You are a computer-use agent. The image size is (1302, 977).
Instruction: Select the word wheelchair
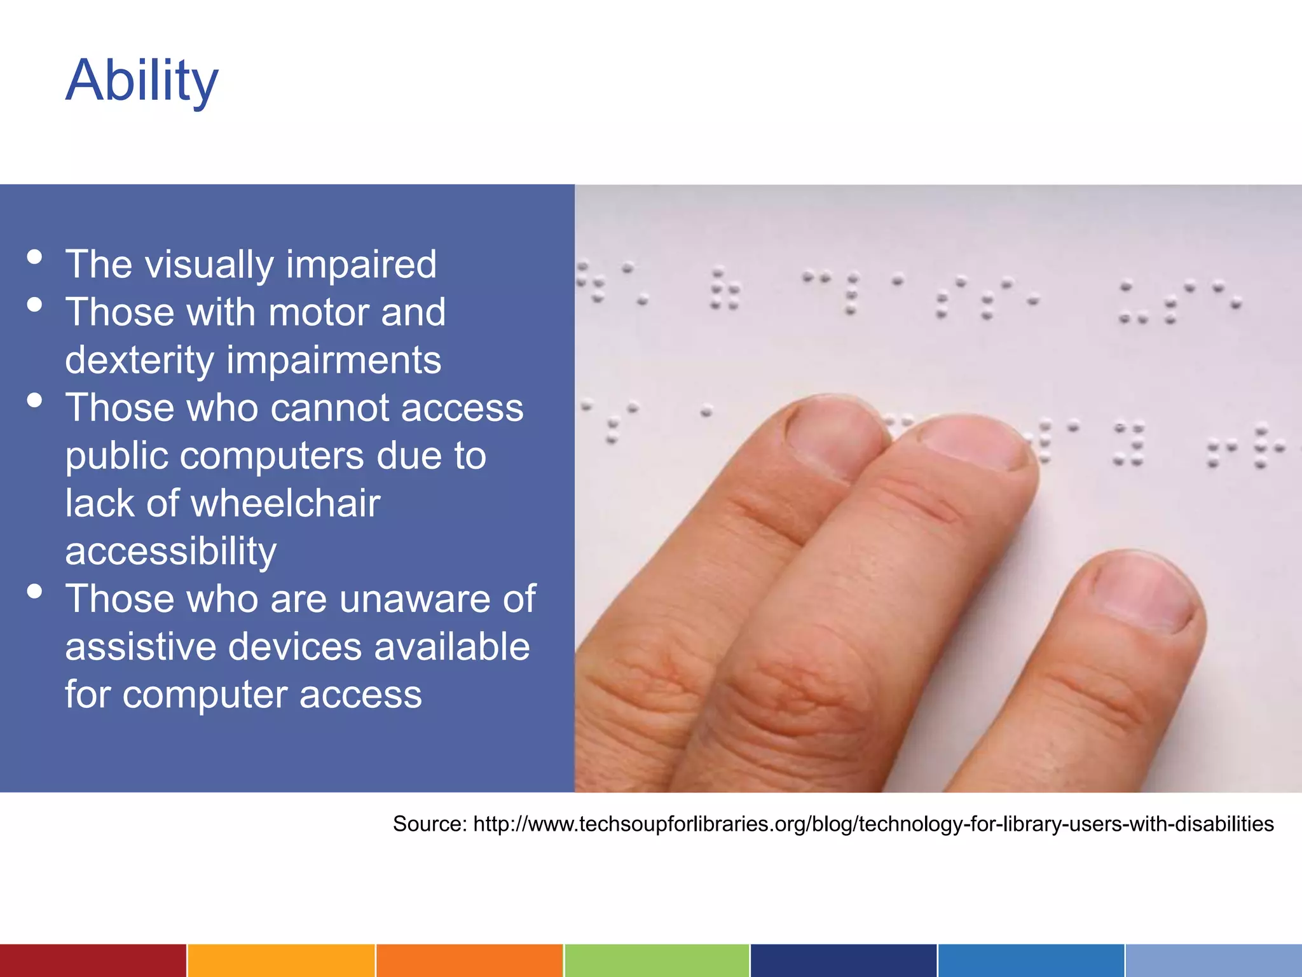tap(285, 503)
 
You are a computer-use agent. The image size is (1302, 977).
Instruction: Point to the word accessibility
tap(170, 551)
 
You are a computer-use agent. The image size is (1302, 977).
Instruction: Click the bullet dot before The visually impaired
tap(34, 257)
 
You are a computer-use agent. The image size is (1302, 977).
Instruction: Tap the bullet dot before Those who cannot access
tap(34, 401)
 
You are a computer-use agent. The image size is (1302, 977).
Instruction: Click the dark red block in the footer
tap(93, 960)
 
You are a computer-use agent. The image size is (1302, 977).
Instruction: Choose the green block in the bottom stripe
tap(656, 960)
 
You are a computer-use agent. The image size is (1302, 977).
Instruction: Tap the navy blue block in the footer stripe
tap(843, 960)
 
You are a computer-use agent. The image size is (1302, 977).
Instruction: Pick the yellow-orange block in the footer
tap(280, 960)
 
